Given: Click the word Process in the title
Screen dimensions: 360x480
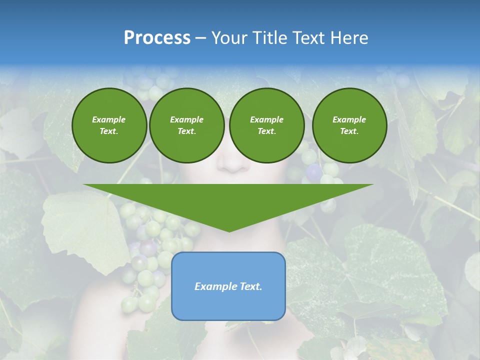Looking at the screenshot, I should [x=157, y=37].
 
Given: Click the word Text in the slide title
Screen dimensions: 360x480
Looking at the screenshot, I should [x=310, y=38].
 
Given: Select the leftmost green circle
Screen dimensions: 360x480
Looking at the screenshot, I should [x=109, y=125].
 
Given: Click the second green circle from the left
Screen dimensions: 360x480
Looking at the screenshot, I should [x=186, y=125].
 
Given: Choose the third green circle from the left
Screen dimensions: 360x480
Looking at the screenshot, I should [x=266, y=125].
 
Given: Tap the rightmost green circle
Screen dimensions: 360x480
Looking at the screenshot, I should [x=349, y=125].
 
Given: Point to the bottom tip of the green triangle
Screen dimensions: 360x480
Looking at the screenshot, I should [x=228, y=231].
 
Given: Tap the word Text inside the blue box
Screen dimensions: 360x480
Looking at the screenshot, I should [x=249, y=286].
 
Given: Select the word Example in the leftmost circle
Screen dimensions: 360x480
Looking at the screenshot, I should [x=109, y=119].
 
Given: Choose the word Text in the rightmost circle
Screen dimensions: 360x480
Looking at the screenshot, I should [x=349, y=131].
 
